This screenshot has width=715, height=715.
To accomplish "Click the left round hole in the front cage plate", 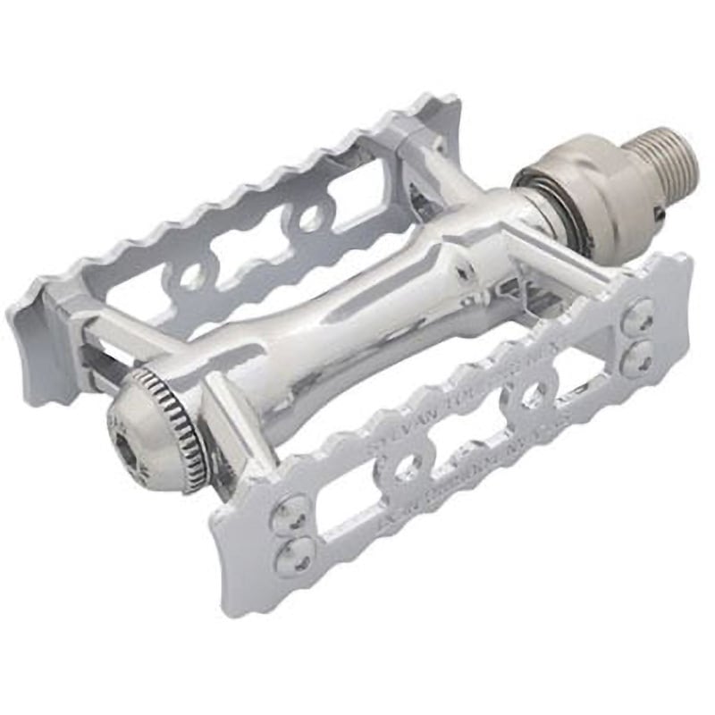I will coord(408,468).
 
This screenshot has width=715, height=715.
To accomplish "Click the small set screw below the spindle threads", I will coord(658,214).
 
